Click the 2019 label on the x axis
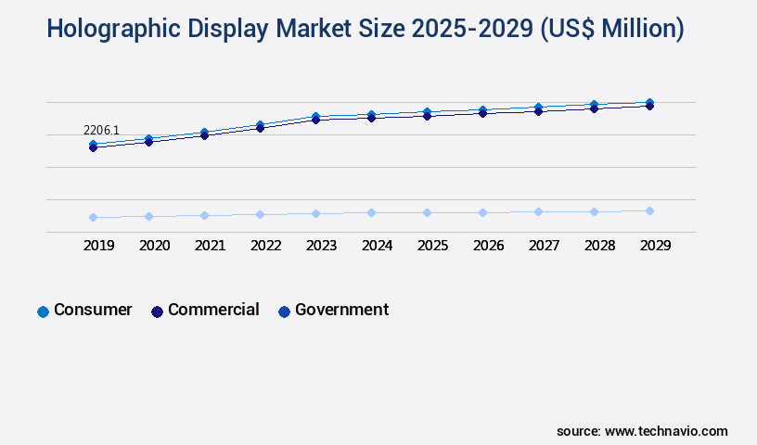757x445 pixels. (98, 246)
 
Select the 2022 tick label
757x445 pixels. (265, 246)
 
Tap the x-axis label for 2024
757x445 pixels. (377, 246)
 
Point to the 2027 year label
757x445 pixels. (544, 246)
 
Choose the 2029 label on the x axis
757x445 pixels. (655, 246)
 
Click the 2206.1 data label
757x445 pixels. (101, 130)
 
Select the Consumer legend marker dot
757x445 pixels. (43, 311)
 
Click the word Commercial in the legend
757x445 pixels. (213, 310)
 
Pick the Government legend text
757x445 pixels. (341, 310)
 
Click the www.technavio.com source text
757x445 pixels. (666, 431)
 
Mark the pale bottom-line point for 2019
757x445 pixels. (93, 217)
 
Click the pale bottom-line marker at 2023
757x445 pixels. (315, 213)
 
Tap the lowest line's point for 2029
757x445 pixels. (649, 210)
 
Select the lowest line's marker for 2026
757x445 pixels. (482, 212)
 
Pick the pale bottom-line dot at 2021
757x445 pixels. (204, 215)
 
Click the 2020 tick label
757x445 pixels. (154, 246)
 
